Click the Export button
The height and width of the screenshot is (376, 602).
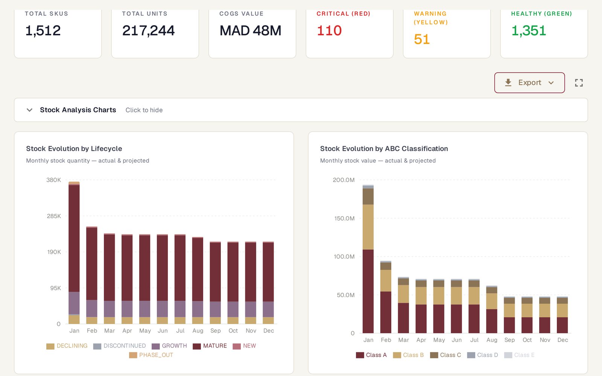pyautogui.click(x=529, y=83)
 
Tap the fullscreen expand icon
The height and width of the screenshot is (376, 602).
pyautogui.click(x=579, y=83)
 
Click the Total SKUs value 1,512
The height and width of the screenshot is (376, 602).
pyautogui.click(x=43, y=30)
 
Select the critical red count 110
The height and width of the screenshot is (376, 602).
pyautogui.click(x=329, y=30)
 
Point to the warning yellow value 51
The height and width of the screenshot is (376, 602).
pyautogui.click(x=422, y=39)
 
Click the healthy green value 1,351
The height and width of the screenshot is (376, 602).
pyautogui.click(x=529, y=30)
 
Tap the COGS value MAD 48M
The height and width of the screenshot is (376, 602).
pyautogui.click(x=251, y=30)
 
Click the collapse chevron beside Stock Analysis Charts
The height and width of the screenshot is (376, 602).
pyautogui.click(x=30, y=110)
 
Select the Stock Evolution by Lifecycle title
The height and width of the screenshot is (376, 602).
pyautogui.click(x=74, y=149)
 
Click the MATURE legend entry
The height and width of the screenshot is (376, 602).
pyautogui.click(x=210, y=346)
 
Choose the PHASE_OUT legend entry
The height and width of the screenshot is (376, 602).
pyautogui.click(x=151, y=355)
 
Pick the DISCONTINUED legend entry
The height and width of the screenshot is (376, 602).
pyautogui.click(x=120, y=346)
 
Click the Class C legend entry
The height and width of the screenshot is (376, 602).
pyautogui.click(x=445, y=355)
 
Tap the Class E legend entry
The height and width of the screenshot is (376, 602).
pyautogui.click(x=520, y=355)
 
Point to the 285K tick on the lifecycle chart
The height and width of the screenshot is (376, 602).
pyautogui.click(x=54, y=216)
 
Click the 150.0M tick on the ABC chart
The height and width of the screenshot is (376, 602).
pyautogui.click(x=344, y=218)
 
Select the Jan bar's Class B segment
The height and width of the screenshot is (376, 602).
pyautogui.click(x=368, y=227)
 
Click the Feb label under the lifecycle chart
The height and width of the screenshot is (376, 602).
pyautogui.click(x=92, y=331)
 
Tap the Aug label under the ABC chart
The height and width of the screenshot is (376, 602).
pyautogui.click(x=492, y=340)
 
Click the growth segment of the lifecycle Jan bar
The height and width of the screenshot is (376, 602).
pyautogui.click(x=74, y=303)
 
